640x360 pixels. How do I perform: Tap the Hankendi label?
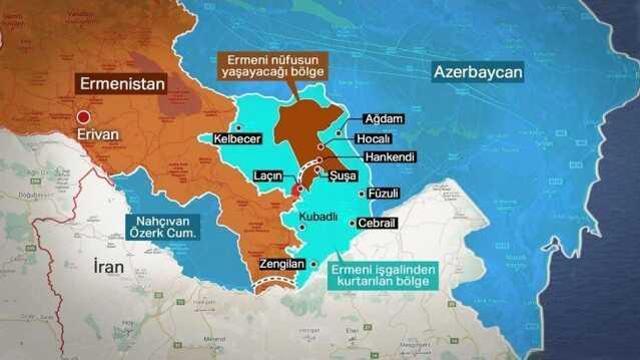point(385,157)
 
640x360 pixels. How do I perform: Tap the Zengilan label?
point(281,263)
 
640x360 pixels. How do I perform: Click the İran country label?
point(107,266)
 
